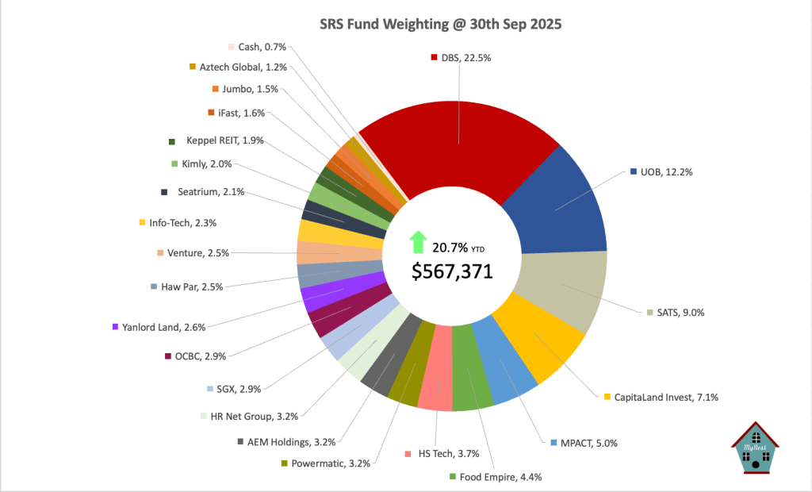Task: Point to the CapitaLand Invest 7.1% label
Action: tap(666, 397)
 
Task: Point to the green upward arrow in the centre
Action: tap(418, 241)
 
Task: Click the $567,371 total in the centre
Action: tap(452, 271)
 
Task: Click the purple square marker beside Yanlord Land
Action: tap(116, 327)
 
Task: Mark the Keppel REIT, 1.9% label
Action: tap(224, 141)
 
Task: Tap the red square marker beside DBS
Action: tap(434, 57)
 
